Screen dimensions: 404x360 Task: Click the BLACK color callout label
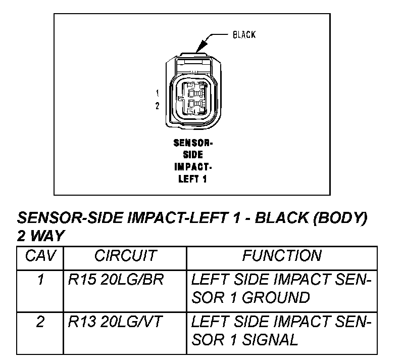[x=244, y=35]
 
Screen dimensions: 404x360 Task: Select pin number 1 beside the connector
[x=158, y=93]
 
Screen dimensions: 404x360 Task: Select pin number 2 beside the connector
[x=158, y=106]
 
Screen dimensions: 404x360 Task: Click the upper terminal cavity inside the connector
[x=193, y=93]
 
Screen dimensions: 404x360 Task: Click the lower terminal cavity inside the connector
[x=193, y=106]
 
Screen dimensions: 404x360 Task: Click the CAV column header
[x=40, y=256]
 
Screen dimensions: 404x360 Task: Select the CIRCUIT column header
[x=125, y=256]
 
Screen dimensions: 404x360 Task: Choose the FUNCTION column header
[x=281, y=256]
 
